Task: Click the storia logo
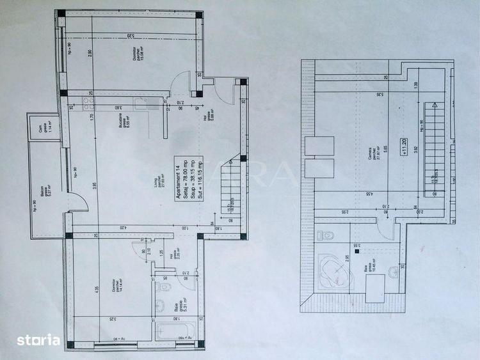pos(38,340)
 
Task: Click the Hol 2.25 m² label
pos(173,251)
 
